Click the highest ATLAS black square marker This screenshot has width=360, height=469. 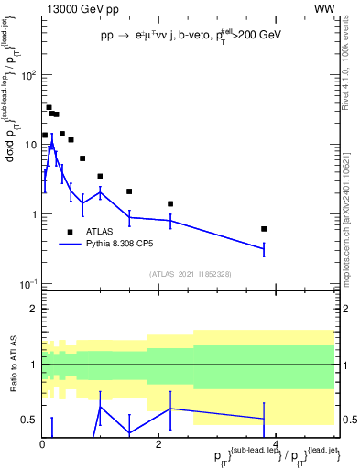[x=49, y=107]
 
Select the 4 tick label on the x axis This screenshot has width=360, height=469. [x=276, y=445]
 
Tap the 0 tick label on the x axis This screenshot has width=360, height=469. [x=42, y=445]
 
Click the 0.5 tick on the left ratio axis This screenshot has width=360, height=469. [x=29, y=420]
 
